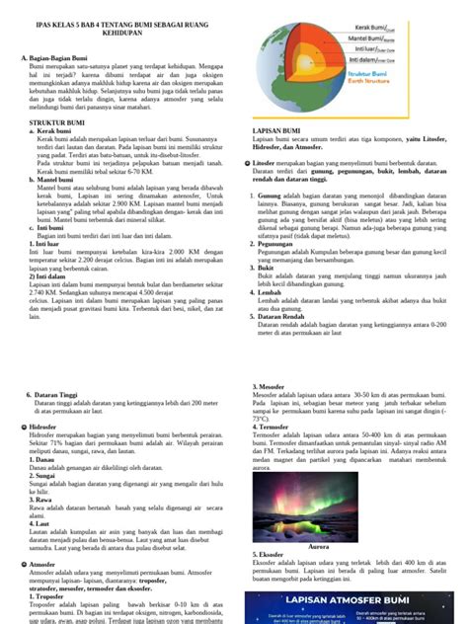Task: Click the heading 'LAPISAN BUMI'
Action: tap(276, 129)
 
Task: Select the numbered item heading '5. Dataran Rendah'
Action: tap(275, 314)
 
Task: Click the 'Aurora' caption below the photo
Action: tap(319, 546)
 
